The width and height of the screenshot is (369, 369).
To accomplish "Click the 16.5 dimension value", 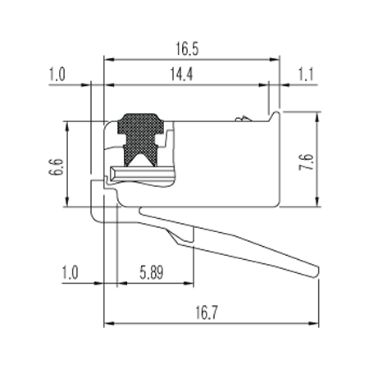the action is (187, 49).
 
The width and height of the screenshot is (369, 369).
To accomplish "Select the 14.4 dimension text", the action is (181, 74).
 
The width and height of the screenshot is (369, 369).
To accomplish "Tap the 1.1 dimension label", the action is (306, 75).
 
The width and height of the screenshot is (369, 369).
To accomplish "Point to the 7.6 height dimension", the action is (306, 162).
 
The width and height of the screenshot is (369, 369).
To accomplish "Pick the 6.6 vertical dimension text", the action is (57, 167).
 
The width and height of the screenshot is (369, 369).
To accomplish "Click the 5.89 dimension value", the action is (152, 273).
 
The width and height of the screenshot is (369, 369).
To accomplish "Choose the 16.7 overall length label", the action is (207, 312).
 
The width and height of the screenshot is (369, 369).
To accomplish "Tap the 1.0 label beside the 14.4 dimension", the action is (57, 75).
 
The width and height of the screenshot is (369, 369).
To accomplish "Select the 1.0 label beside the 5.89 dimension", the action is (71, 273).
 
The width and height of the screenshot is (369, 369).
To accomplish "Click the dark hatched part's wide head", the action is (140, 124).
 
